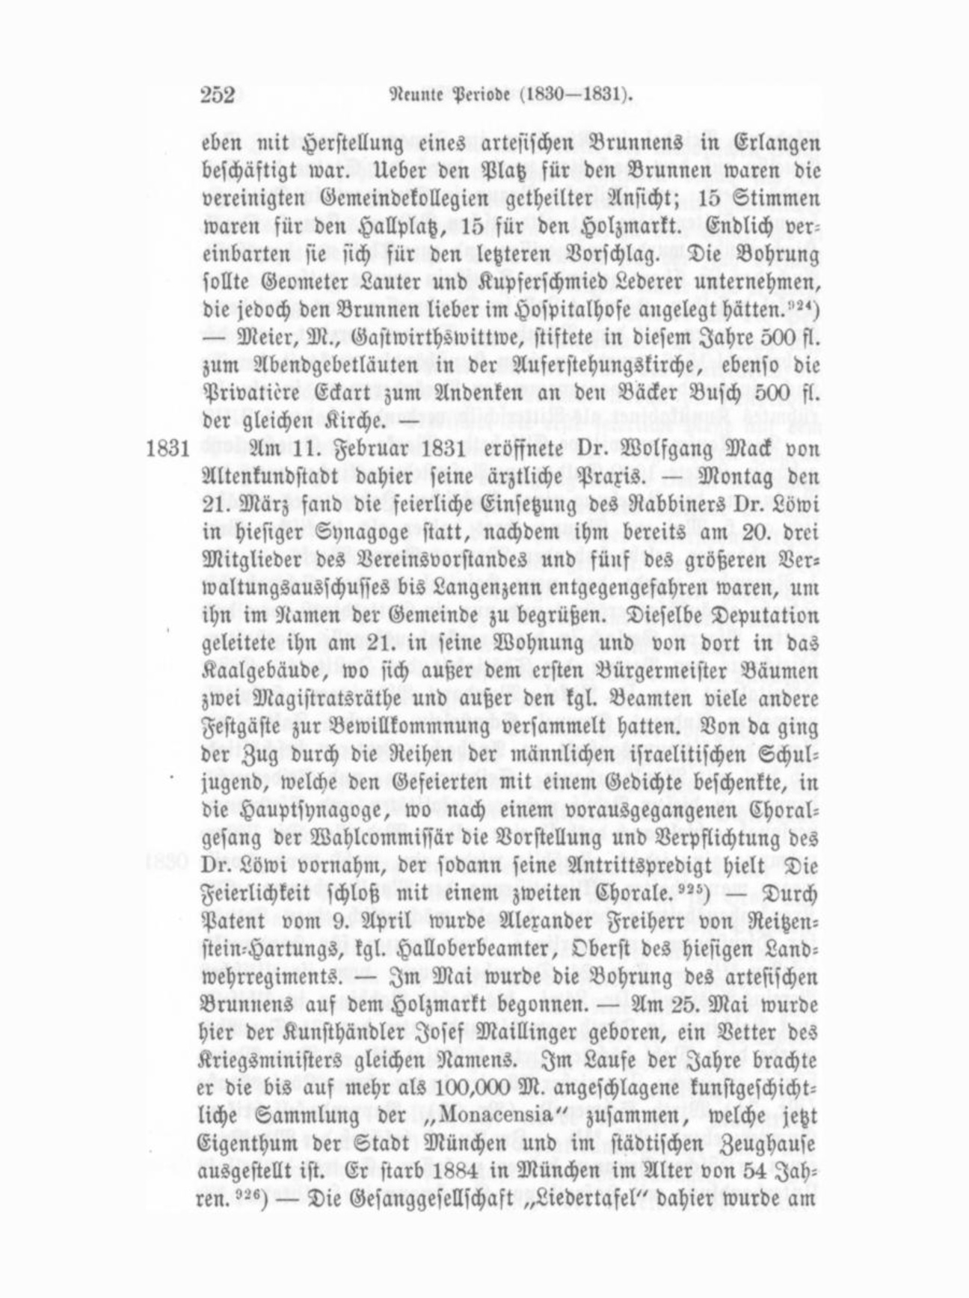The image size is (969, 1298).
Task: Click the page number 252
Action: tap(218, 95)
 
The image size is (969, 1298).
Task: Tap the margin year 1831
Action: tap(167, 449)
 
